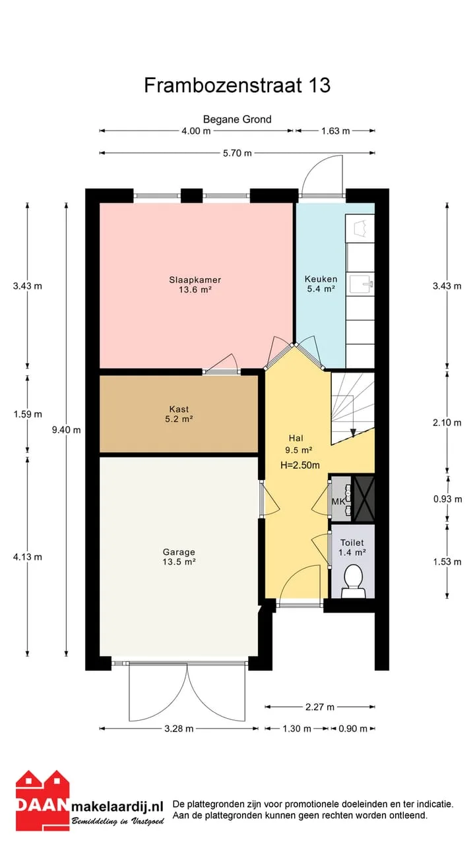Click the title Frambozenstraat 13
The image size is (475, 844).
(x=237, y=85)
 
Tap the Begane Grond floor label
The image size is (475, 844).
(x=237, y=119)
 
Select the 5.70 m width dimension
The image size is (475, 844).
(x=237, y=153)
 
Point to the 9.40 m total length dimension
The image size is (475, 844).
(x=67, y=429)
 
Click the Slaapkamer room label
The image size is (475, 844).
(x=195, y=280)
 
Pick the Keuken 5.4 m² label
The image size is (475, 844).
(x=321, y=284)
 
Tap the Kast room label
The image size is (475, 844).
(x=179, y=409)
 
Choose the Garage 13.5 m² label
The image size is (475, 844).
(x=179, y=557)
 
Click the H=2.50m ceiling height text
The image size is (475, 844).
(x=300, y=465)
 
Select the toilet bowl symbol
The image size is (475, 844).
(x=353, y=581)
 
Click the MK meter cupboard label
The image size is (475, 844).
(x=338, y=502)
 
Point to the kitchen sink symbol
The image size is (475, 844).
(x=361, y=284)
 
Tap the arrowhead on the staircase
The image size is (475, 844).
(x=353, y=433)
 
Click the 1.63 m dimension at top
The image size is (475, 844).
(x=336, y=131)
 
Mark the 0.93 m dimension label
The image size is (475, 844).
(x=447, y=499)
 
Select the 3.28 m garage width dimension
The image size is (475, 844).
(x=179, y=729)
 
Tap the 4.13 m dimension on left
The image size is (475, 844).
(x=28, y=557)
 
